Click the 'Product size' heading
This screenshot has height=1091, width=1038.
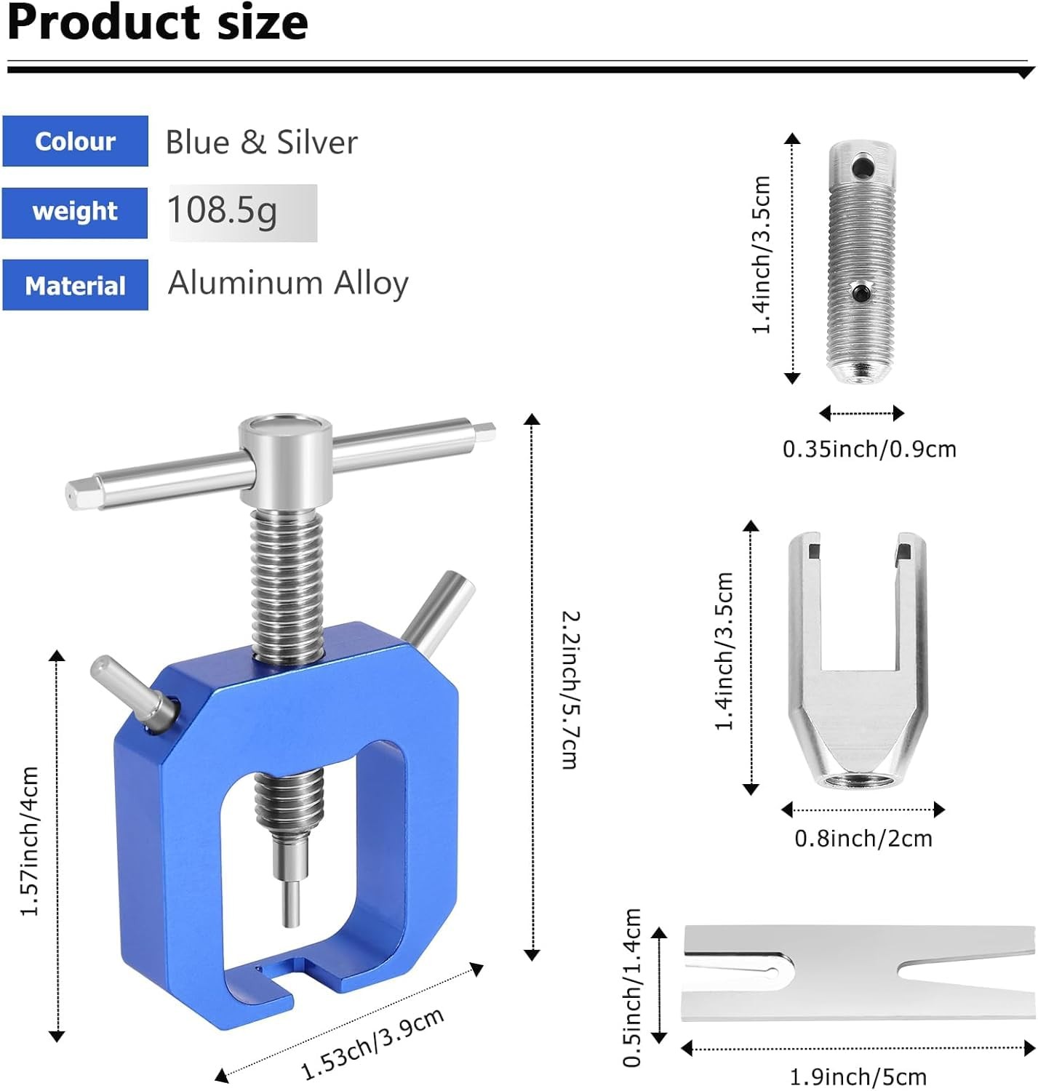point(158,23)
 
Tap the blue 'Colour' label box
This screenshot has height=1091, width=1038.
point(75,141)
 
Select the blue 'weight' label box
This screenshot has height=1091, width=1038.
point(74,212)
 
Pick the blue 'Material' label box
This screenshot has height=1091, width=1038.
point(75,284)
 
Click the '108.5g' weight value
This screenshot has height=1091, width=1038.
point(222,212)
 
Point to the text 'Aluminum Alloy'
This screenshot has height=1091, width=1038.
point(288,284)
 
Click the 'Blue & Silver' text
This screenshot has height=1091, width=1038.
point(261,142)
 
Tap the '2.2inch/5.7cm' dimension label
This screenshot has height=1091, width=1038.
point(570,690)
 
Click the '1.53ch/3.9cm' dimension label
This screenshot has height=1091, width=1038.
point(372,1043)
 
